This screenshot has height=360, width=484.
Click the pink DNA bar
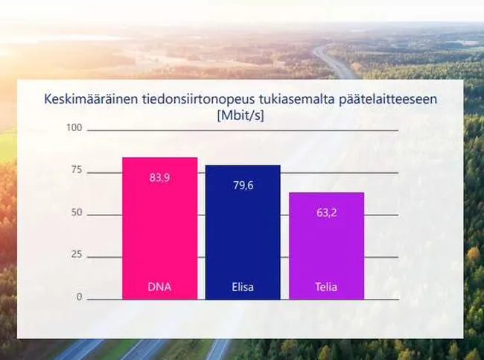[x=160, y=228]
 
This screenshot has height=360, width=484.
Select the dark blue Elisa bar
[x=243, y=232]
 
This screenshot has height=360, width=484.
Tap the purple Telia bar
[x=327, y=246]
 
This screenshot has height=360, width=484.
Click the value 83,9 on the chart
[x=159, y=177]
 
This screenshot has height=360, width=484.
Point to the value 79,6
[x=243, y=186]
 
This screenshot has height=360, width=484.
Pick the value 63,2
[x=327, y=212]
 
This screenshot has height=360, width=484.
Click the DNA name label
[x=159, y=287]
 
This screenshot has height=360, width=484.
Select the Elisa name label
[x=243, y=287]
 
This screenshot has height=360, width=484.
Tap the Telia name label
[x=326, y=287]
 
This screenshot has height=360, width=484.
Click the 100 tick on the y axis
[x=74, y=127]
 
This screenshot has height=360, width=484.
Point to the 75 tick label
[x=77, y=170]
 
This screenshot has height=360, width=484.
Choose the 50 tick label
[x=77, y=212]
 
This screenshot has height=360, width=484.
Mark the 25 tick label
[x=77, y=254]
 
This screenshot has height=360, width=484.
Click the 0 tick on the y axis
[x=80, y=297]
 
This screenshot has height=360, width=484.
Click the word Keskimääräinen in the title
[x=90, y=99]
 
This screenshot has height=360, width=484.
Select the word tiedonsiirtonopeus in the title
[x=199, y=100]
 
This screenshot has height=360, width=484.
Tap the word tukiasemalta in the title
[x=296, y=99]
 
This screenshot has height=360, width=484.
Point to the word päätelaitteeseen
[x=388, y=100]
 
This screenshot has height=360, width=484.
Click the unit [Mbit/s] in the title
[x=241, y=116]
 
